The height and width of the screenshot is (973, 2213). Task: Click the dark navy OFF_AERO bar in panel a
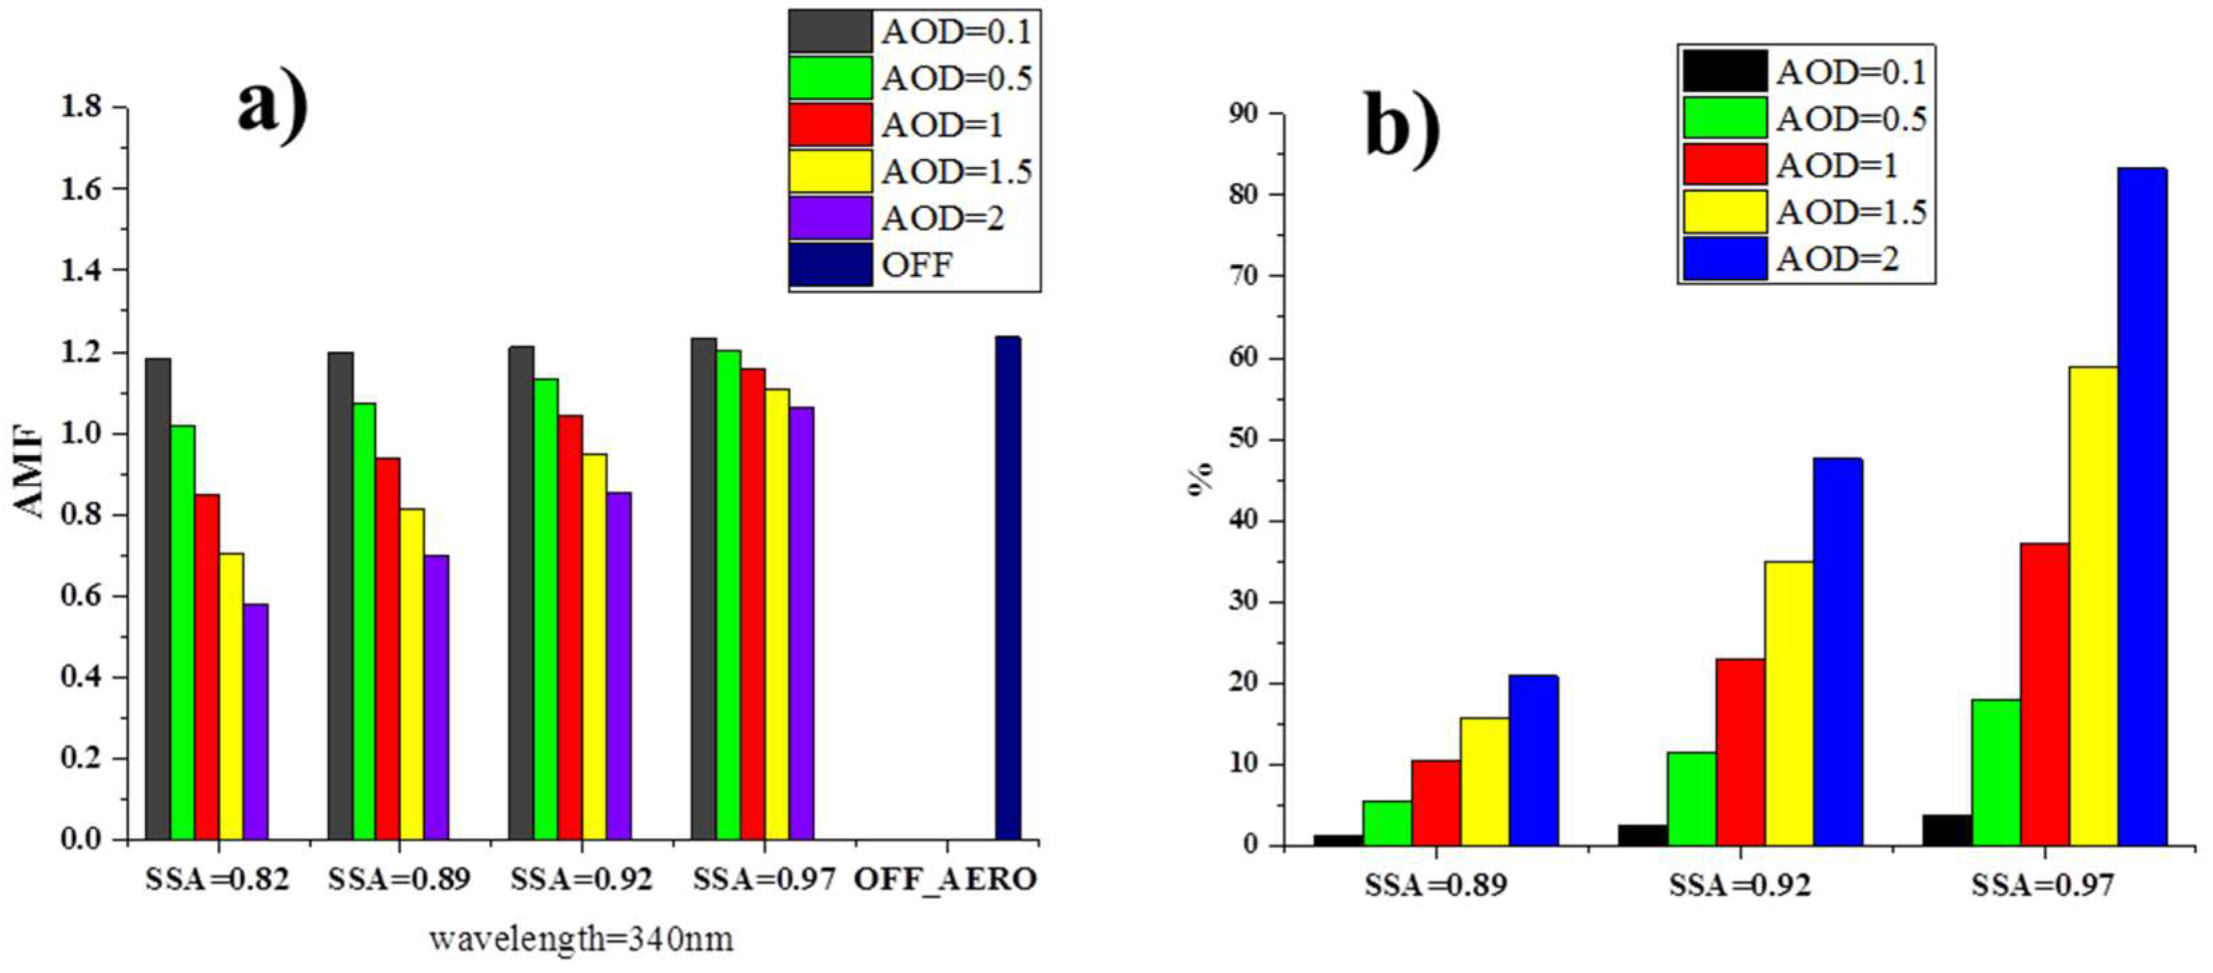1008,588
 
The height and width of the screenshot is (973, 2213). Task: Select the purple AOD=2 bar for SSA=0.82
255,721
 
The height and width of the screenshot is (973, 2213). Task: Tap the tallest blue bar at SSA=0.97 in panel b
2142,507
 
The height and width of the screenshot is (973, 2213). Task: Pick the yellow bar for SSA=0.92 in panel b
1789,703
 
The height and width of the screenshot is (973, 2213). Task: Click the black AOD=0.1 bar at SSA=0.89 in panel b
1337,840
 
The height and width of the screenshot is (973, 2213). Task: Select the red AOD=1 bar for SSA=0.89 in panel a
388,649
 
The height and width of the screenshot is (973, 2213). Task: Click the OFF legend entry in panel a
916,264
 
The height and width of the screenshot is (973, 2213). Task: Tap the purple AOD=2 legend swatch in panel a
830,218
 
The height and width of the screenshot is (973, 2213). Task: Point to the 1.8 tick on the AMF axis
81,108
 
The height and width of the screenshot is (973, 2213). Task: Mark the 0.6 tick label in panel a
81,596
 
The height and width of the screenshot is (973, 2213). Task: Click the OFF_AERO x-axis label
945,880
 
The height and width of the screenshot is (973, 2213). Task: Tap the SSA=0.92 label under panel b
1740,884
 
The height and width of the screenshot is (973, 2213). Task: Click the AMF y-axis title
29,473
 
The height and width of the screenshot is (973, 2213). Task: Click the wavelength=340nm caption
581,939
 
